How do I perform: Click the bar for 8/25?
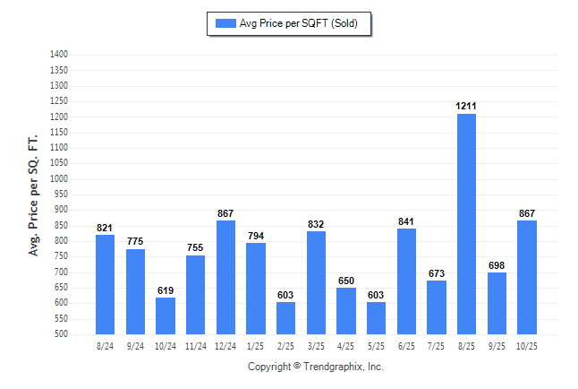click(x=466, y=224)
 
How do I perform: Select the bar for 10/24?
click(x=166, y=316)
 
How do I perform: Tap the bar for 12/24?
click(x=225, y=277)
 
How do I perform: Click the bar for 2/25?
click(x=285, y=318)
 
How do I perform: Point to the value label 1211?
click(x=466, y=106)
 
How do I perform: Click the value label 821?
click(x=106, y=228)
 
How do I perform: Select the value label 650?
click(x=346, y=281)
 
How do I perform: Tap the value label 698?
click(x=497, y=265)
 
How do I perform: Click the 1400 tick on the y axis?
click(x=59, y=55)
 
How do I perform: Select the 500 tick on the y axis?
click(x=62, y=334)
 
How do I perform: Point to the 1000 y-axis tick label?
click(x=59, y=179)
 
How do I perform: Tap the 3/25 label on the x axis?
click(x=316, y=346)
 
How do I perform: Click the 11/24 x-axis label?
click(x=196, y=346)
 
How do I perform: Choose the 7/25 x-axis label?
click(x=437, y=346)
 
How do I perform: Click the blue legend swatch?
click(x=225, y=23)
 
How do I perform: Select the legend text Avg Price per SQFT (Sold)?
click(x=298, y=23)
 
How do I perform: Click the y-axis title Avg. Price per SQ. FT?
click(x=34, y=195)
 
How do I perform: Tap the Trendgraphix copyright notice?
click(x=315, y=367)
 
